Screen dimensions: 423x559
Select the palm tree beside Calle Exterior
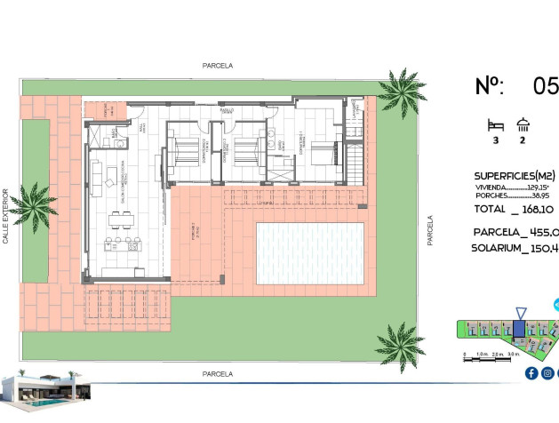click(33, 205)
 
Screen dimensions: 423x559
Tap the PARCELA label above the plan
click(218, 66)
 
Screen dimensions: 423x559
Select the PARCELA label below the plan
click(218, 374)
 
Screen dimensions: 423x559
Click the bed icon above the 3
click(495, 125)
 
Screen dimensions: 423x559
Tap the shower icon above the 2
click(523, 125)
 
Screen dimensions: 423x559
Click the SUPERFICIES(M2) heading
click(515, 175)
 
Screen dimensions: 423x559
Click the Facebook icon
click(531, 373)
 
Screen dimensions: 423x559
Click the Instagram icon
click(548, 373)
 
